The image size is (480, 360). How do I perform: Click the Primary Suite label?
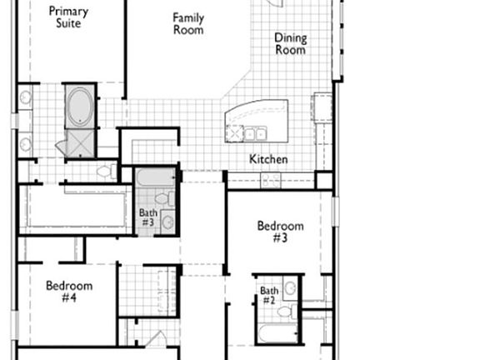click(68, 17)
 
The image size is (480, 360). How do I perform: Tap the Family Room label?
click(188, 23)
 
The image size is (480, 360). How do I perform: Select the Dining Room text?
click(291, 44)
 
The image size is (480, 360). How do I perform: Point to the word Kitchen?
click(268, 159)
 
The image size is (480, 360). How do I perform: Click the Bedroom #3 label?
click(280, 232)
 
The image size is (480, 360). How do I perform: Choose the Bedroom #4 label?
click(69, 291)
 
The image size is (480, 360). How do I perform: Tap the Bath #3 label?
click(148, 217)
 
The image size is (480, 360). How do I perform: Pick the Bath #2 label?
click(269, 295)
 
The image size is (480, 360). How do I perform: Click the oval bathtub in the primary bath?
click(80, 107)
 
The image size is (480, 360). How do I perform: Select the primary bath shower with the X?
click(80, 143)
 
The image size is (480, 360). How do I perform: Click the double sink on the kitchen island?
click(255, 134)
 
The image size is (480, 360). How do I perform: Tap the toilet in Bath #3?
click(164, 199)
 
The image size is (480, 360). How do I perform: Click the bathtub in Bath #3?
click(156, 177)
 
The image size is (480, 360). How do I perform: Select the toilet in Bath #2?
click(287, 312)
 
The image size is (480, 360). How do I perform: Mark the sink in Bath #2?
click(290, 288)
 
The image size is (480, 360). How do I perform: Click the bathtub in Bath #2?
click(277, 333)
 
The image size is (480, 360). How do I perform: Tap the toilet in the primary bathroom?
click(107, 172)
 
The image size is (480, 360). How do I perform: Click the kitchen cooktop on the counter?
click(270, 179)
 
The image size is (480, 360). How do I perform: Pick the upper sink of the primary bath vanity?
click(25, 97)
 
